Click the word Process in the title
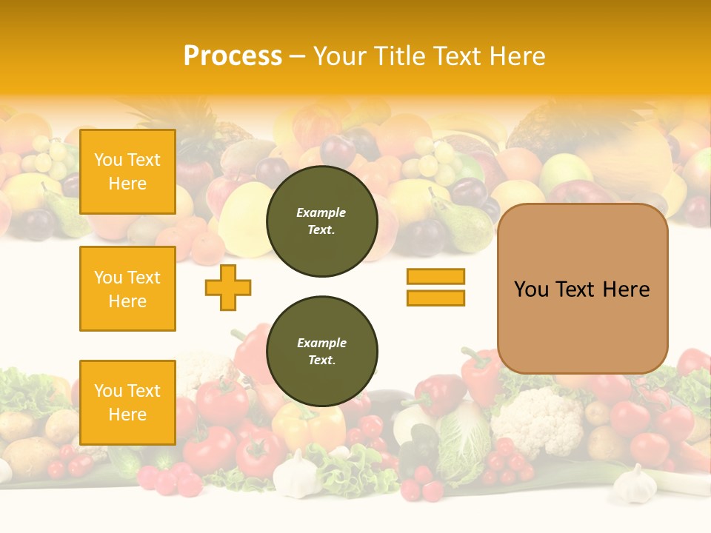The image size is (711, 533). pyautogui.click(x=233, y=56)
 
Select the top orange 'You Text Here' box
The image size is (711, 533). pyautogui.click(x=127, y=172)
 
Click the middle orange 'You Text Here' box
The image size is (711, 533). pyautogui.click(x=127, y=289)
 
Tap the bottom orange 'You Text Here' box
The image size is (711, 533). pyautogui.click(x=127, y=403)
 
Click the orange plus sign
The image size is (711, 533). pyautogui.click(x=228, y=287)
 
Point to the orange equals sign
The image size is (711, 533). pyautogui.click(x=435, y=287)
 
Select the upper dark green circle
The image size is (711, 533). pyautogui.click(x=322, y=221)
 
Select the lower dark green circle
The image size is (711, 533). pyautogui.click(x=322, y=352)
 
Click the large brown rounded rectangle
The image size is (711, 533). pyautogui.click(x=582, y=288)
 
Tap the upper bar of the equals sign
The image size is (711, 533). pyautogui.click(x=435, y=276)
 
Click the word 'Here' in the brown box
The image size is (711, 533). pyautogui.click(x=626, y=289)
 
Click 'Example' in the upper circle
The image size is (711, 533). pyautogui.click(x=321, y=212)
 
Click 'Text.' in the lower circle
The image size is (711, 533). pyautogui.click(x=321, y=361)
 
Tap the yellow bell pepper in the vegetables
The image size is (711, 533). pyautogui.click(x=307, y=426)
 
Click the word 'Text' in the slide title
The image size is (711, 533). pyautogui.click(x=459, y=56)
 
